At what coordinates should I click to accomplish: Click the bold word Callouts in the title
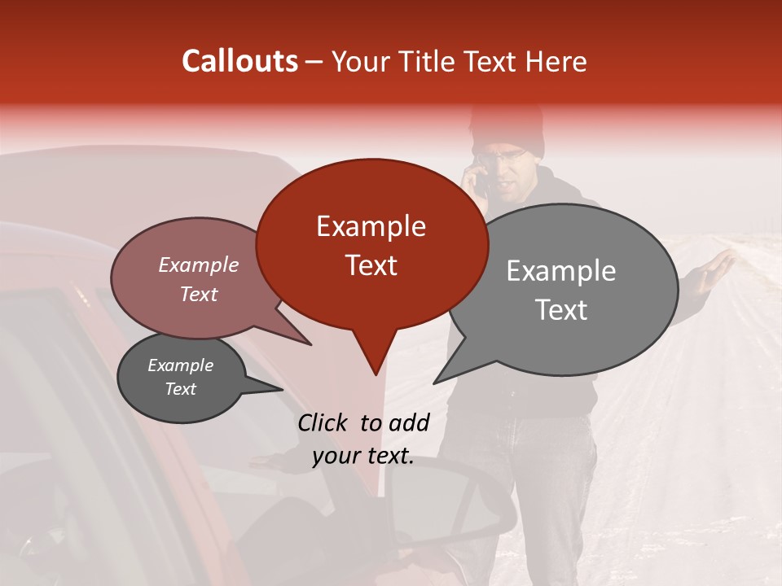click(239, 61)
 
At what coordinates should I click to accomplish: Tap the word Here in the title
click(555, 61)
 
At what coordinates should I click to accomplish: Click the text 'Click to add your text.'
click(363, 439)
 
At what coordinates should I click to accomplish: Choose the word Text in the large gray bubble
click(560, 309)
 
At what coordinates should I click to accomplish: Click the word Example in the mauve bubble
click(198, 265)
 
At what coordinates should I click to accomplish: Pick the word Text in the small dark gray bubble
click(180, 389)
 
